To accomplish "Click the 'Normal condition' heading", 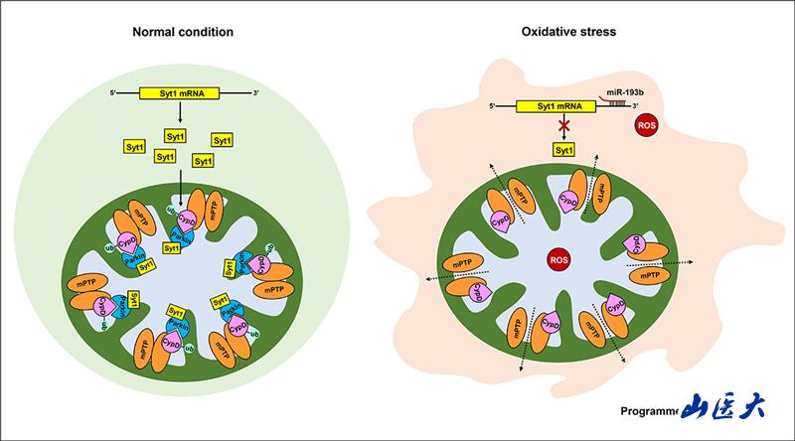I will [x=183, y=32].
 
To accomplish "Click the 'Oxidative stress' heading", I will [x=568, y=32].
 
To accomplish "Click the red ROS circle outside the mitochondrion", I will [x=648, y=128].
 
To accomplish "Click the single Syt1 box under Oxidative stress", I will [x=564, y=150].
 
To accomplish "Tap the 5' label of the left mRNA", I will [x=114, y=93].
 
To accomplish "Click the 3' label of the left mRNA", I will [x=256, y=93].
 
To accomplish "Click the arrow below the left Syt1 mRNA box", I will [x=179, y=114].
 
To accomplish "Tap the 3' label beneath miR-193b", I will [x=635, y=105].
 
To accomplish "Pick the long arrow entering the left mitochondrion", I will [x=180, y=189].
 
